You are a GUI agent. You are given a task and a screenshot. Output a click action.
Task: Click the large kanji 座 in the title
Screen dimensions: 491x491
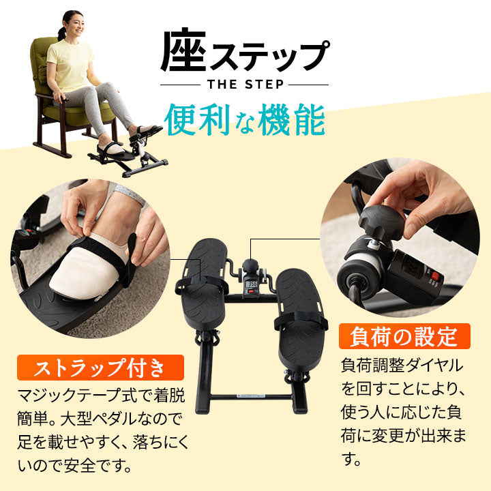tap(184, 51)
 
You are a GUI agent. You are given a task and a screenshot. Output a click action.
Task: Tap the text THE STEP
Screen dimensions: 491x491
tap(243, 85)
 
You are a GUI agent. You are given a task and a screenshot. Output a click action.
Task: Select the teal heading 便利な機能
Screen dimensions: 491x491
tap(244, 119)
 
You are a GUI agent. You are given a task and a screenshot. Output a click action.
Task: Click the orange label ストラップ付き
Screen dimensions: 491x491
tap(101, 369)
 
